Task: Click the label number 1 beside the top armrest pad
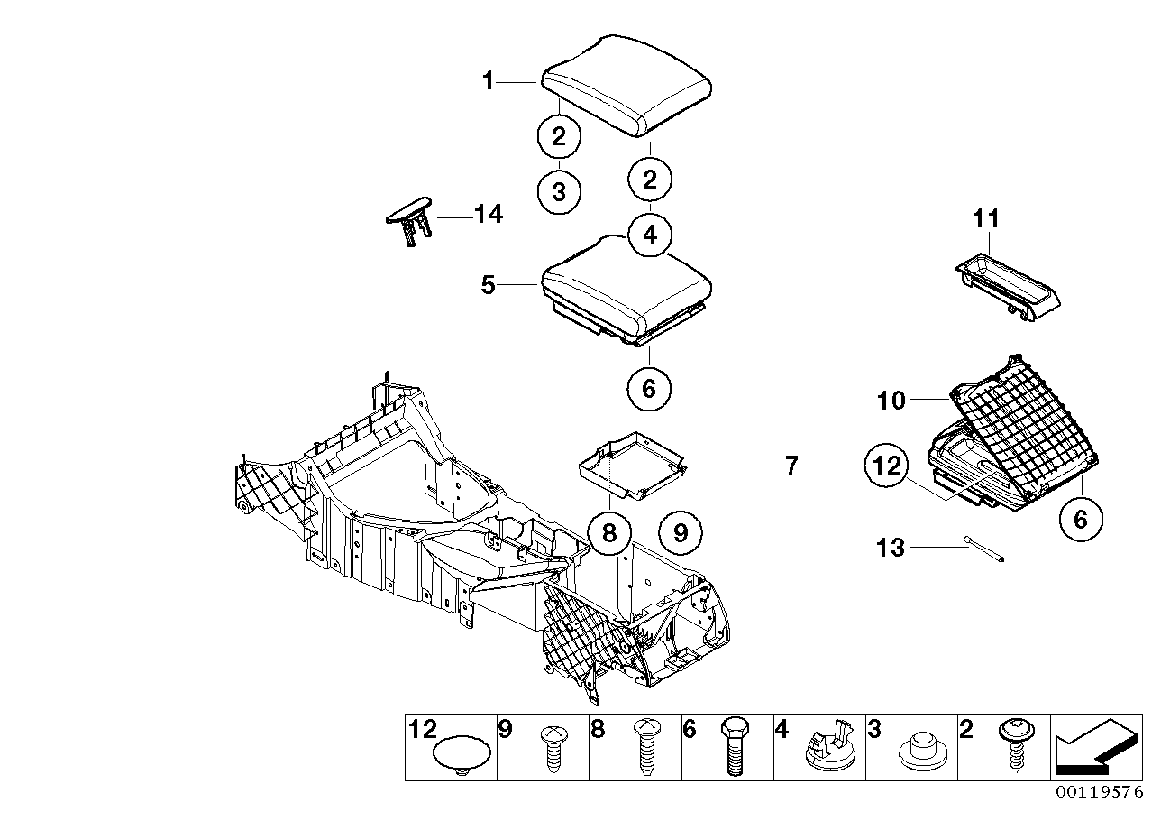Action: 488,82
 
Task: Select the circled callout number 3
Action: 559,191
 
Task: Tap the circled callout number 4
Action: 650,235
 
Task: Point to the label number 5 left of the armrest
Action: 488,285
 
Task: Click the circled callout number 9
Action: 681,533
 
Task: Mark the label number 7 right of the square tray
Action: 791,466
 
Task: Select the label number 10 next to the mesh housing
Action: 891,400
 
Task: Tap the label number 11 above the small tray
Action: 987,218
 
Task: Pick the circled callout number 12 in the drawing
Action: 886,466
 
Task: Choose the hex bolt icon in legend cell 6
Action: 734,747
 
